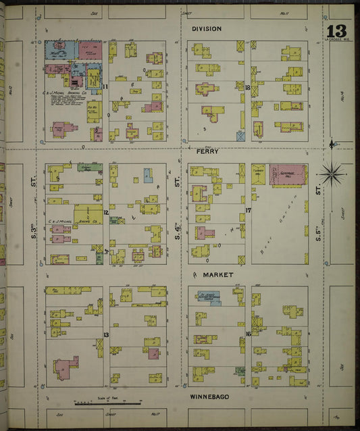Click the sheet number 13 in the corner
click(x=336, y=31)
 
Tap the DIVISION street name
click(x=207, y=29)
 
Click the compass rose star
click(x=332, y=174)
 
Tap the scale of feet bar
click(x=108, y=403)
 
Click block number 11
click(x=106, y=87)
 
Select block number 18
click(x=249, y=88)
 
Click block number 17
click(x=249, y=211)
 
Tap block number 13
click(x=106, y=334)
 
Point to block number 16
click(x=249, y=334)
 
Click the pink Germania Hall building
click(x=288, y=174)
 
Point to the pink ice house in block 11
click(x=90, y=51)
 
